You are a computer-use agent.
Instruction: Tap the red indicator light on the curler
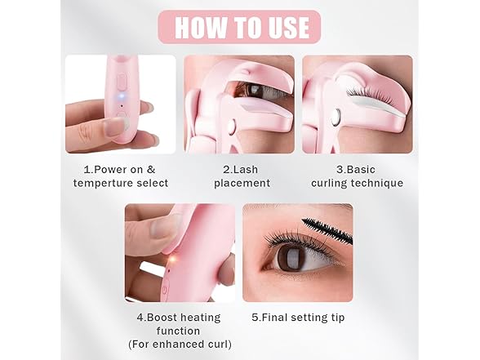click(171, 260)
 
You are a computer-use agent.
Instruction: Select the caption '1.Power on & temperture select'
click(120, 176)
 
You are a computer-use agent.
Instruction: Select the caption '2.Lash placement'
click(239, 176)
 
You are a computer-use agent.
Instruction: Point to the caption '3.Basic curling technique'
click(357, 176)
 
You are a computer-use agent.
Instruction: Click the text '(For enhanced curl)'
click(178, 344)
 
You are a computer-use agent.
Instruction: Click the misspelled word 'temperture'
click(104, 183)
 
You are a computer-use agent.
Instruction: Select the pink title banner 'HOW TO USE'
click(239, 27)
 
